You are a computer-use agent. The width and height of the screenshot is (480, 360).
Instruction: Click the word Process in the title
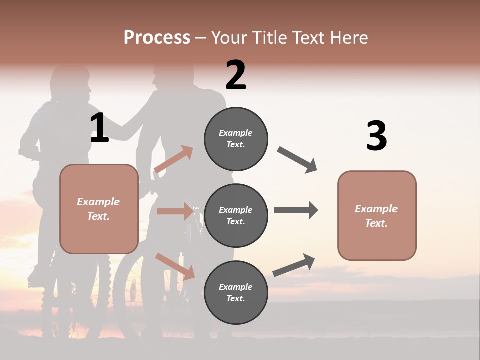tap(157, 38)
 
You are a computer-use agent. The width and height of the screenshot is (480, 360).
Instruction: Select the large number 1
tap(99, 128)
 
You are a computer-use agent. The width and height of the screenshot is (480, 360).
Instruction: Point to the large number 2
tap(236, 75)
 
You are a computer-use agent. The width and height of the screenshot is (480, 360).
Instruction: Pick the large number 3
tap(376, 136)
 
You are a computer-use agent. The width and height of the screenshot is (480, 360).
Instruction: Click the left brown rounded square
tap(99, 209)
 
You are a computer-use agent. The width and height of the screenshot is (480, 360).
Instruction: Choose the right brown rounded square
tap(377, 215)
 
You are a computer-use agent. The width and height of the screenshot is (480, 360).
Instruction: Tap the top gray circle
tap(236, 139)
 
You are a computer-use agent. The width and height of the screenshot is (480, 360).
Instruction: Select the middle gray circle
tap(236, 215)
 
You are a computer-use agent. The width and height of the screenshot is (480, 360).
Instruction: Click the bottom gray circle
tap(236, 292)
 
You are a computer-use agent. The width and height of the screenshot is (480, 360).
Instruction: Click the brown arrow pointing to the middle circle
tap(175, 211)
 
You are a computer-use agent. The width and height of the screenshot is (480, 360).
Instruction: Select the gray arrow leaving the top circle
tap(297, 159)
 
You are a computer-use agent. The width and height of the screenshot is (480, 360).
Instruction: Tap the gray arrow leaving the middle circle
tap(295, 210)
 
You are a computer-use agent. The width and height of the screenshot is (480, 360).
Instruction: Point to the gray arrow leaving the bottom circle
tap(294, 265)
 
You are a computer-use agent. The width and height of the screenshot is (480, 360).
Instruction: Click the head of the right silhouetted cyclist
tap(172, 75)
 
